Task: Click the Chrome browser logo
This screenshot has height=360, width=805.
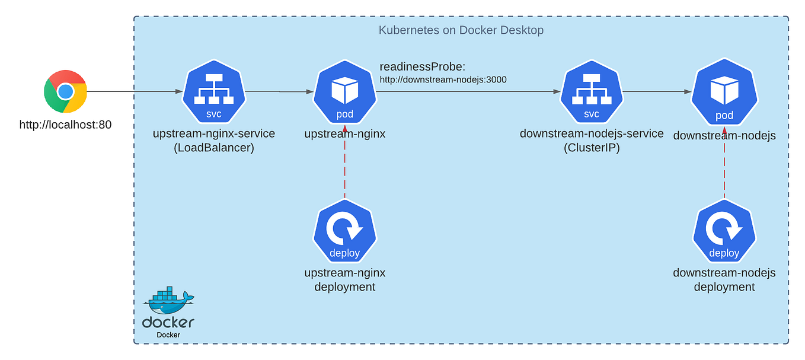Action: pyautogui.click(x=65, y=91)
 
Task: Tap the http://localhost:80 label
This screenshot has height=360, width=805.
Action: pyautogui.click(x=65, y=125)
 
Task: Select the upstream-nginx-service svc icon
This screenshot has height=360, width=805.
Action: pyautogui.click(x=213, y=92)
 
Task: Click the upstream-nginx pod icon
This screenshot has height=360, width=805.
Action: pyautogui.click(x=344, y=93)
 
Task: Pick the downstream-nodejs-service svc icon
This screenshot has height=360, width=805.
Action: pyautogui.click(x=591, y=92)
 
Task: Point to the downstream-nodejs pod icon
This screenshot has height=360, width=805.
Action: pyautogui.click(x=724, y=93)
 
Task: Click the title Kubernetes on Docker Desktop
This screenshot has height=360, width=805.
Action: pyautogui.click(x=461, y=30)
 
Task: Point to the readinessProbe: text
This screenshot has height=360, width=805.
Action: pyautogui.click(x=423, y=66)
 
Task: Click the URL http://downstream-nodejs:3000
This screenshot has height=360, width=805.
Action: pyautogui.click(x=443, y=79)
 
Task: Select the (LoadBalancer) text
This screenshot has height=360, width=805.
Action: pyautogui.click(x=213, y=148)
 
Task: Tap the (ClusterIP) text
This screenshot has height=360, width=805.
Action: pyautogui.click(x=591, y=148)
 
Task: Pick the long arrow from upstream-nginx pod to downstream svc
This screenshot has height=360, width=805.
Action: pyautogui.click(x=468, y=92)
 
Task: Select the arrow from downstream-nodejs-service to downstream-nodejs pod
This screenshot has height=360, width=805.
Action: pyautogui.click(x=657, y=92)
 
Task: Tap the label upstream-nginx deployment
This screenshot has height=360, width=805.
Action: pyautogui.click(x=344, y=280)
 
